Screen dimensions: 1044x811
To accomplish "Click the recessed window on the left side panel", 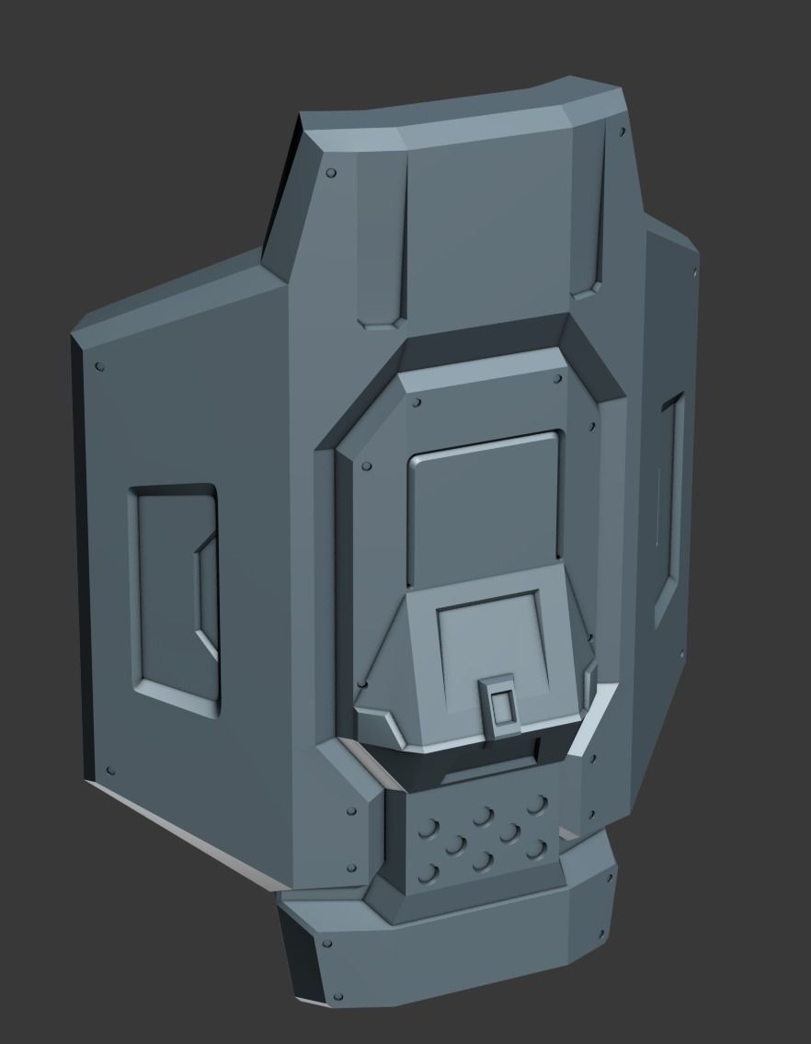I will click(175, 599).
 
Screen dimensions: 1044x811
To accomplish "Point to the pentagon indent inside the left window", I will click(207, 598).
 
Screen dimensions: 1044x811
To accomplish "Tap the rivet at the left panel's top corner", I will click(99, 368).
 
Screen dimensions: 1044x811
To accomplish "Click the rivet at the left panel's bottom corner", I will click(110, 770).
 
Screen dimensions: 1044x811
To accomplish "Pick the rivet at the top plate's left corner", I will click(331, 172).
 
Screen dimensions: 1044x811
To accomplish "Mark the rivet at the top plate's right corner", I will click(623, 133).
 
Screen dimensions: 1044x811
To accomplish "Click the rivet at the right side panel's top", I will click(691, 270).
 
